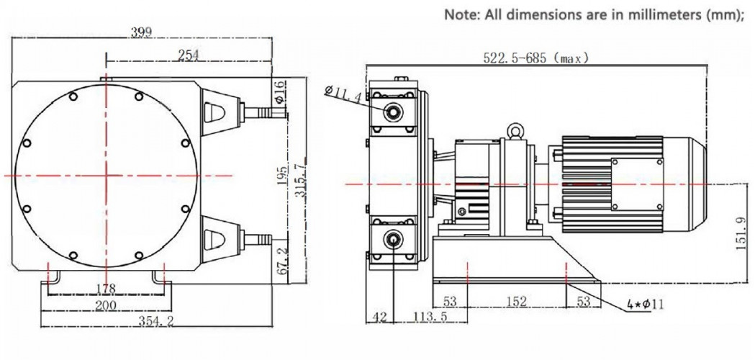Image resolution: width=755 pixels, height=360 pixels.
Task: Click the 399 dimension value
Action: click(x=141, y=32)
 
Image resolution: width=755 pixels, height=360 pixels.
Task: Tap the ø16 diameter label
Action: click(x=280, y=89)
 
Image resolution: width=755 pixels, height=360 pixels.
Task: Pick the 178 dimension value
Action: click(x=107, y=288)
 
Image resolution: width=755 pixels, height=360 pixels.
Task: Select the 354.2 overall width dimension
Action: click(x=155, y=321)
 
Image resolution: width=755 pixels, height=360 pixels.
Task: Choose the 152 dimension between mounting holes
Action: click(x=516, y=300)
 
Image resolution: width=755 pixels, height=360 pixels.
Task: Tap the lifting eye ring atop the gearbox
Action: click(x=514, y=130)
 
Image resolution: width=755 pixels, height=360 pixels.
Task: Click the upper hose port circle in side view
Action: click(x=393, y=111)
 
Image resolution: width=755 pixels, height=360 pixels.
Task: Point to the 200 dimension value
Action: click(x=107, y=306)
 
